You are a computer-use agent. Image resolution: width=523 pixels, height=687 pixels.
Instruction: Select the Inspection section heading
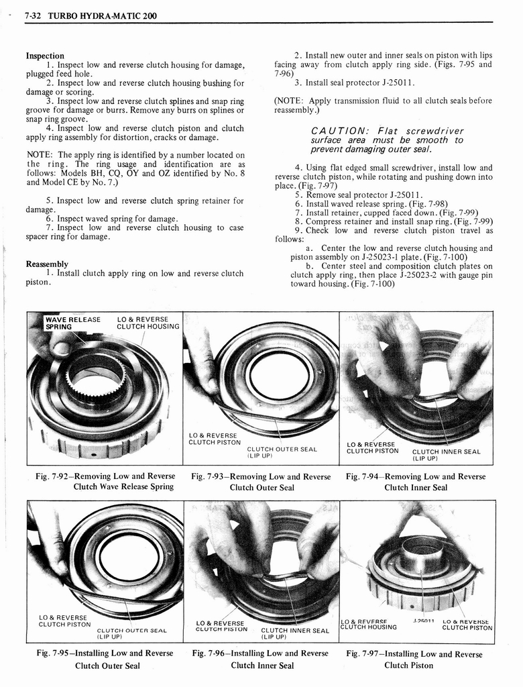point(45,56)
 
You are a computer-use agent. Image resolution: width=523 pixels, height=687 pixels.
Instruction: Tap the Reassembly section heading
point(47,264)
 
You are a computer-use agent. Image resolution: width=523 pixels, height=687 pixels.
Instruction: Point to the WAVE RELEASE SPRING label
point(72,323)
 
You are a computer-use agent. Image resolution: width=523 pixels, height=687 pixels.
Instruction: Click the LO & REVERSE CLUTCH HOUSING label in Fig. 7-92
point(148,323)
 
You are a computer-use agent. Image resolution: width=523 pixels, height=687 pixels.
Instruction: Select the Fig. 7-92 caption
point(105,481)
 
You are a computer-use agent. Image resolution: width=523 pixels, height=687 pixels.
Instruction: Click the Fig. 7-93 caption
point(261,482)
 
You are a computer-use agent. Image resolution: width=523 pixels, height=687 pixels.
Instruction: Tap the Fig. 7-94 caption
point(416,482)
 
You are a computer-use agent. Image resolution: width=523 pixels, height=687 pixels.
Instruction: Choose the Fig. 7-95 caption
point(105,659)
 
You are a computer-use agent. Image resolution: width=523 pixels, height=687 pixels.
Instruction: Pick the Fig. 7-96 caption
point(261,659)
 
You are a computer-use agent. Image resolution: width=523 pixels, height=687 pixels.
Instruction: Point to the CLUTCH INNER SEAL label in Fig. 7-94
point(446,455)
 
